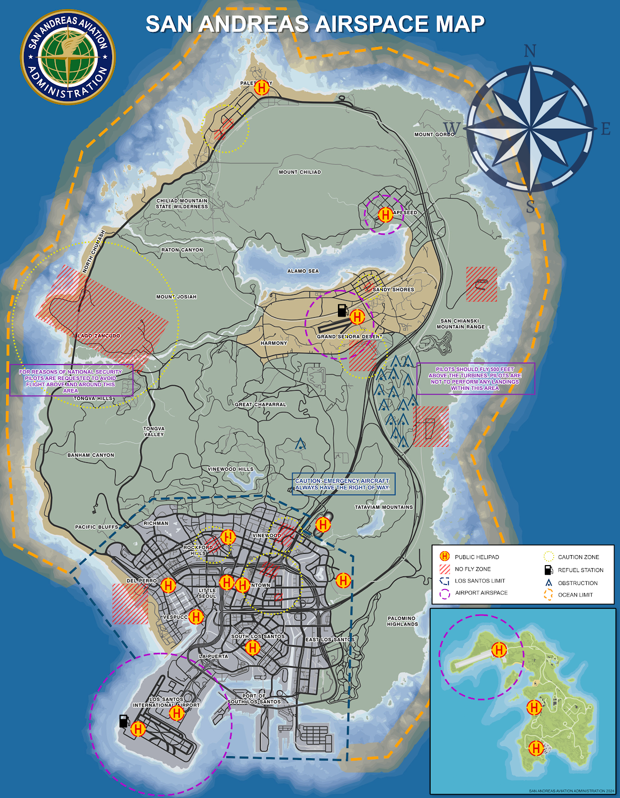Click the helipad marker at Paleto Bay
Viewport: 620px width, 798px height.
tap(261, 88)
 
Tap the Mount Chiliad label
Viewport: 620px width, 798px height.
tap(300, 172)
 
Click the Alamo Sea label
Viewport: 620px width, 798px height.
tap(303, 271)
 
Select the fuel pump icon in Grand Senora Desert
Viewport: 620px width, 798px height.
tap(342, 310)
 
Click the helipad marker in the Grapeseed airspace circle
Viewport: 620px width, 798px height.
tap(385, 215)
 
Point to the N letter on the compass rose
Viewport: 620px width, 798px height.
tap(530, 51)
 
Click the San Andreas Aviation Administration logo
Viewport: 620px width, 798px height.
tap(68, 57)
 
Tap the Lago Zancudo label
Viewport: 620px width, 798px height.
tap(99, 336)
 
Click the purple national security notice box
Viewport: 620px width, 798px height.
tap(71, 381)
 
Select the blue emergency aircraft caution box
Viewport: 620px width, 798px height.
tap(343, 484)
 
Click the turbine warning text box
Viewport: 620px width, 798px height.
tap(475, 379)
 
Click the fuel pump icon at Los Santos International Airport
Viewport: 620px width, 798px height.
tap(124, 721)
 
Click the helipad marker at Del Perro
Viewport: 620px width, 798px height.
tap(168, 586)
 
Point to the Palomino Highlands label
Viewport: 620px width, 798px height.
tap(402, 621)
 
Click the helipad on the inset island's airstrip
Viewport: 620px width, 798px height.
tap(499, 650)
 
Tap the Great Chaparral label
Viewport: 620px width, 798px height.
tap(261, 404)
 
